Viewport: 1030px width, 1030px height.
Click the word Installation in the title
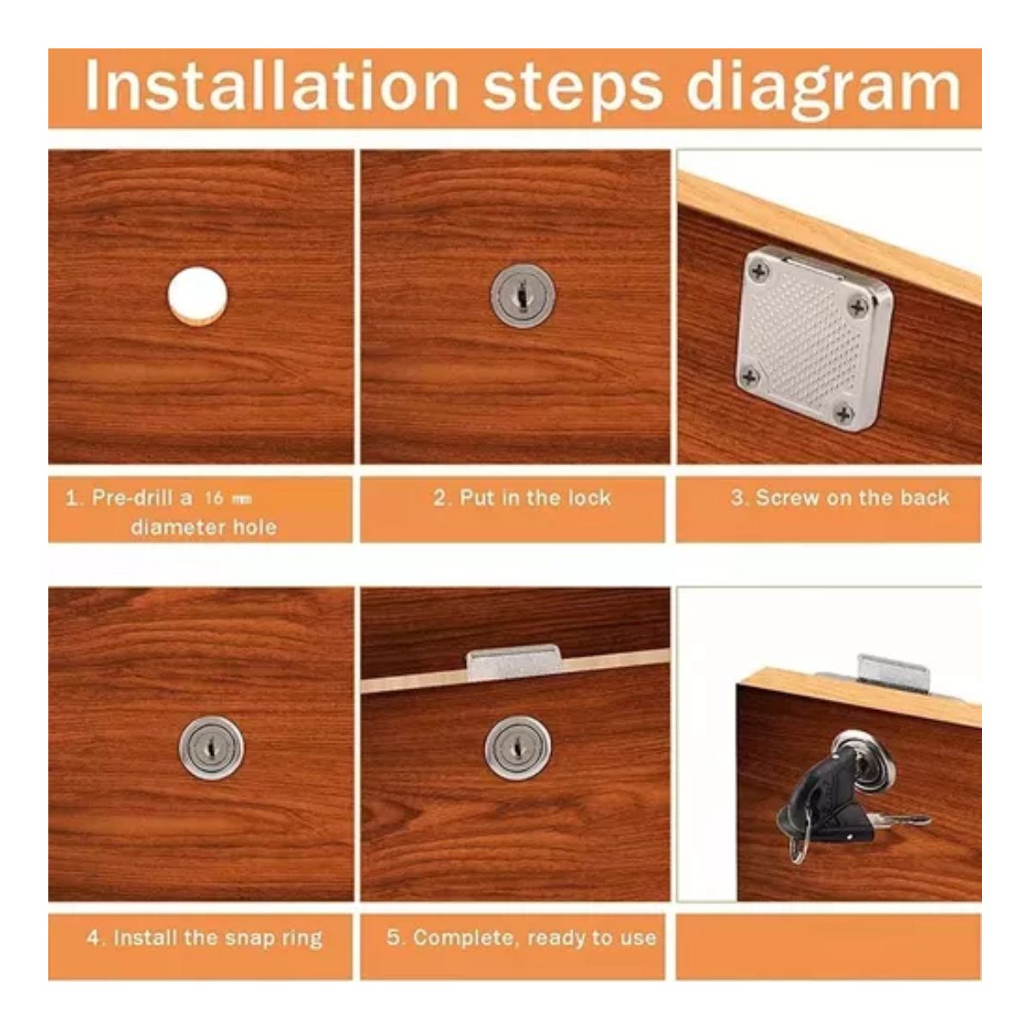[x=271, y=86]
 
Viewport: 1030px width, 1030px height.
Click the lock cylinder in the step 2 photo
[x=523, y=295]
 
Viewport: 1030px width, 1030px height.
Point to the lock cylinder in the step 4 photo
[x=211, y=748]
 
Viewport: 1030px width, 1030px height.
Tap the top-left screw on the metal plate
[x=758, y=272]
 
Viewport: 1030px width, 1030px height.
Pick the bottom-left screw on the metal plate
[x=750, y=378]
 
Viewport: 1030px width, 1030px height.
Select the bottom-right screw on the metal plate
[x=845, y=413]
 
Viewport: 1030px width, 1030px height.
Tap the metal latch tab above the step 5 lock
[x=514, y=663]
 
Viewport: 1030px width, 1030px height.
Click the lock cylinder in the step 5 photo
[x=518, y=748]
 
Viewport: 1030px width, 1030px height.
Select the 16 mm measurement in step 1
[x=228, y=498]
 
